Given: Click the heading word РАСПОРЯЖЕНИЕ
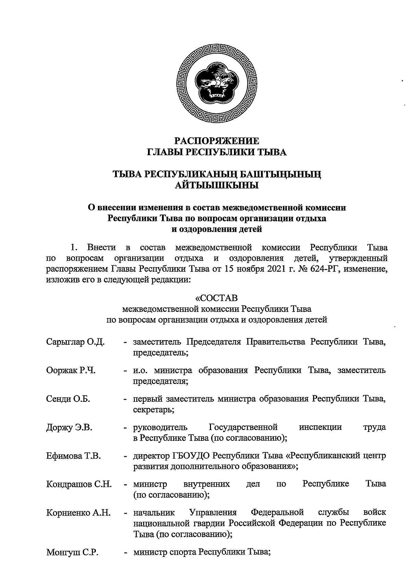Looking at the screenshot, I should point(216,141).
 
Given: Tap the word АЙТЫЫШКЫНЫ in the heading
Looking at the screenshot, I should point(216,186).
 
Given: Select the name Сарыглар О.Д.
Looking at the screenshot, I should point(75,342).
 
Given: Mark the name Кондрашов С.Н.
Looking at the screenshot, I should point(79,484).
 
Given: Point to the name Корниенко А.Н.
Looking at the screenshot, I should point(78,513).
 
